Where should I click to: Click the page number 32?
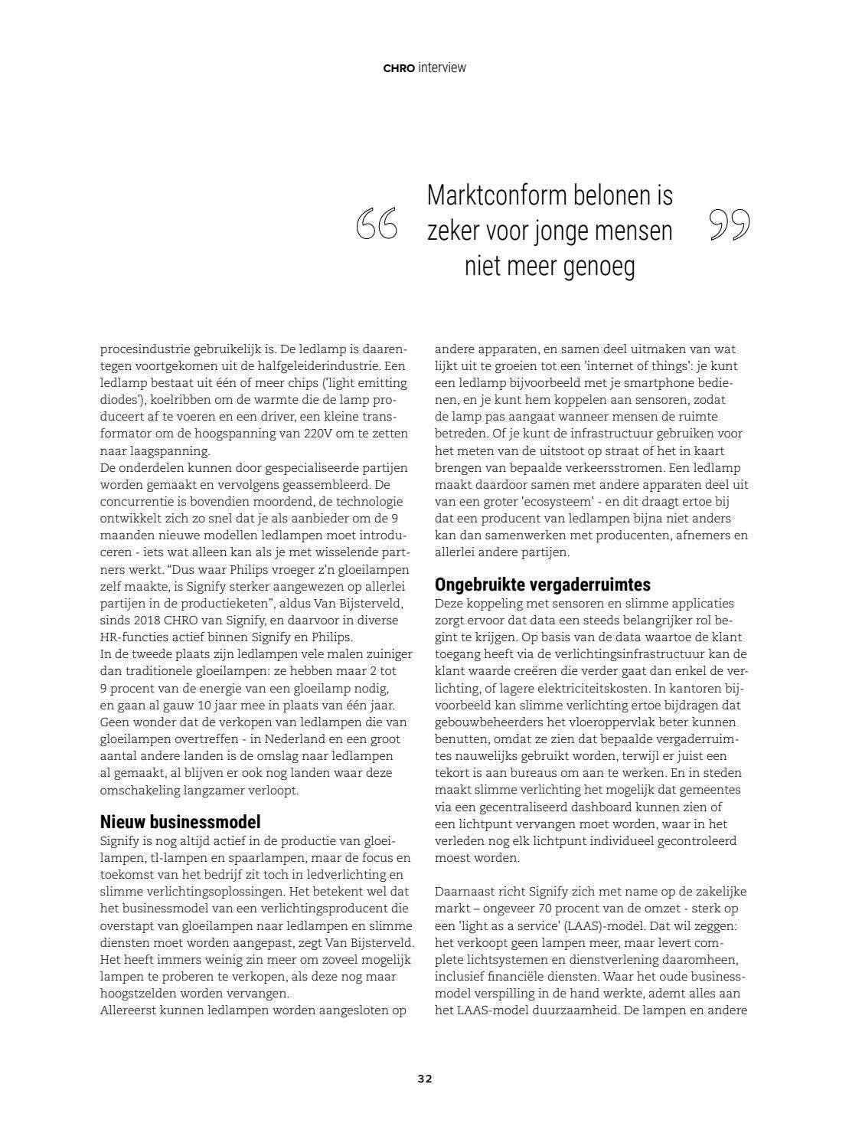point(425,1079)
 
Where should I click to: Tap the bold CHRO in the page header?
point(399,68)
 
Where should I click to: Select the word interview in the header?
point(442,67)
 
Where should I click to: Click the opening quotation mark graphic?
point(377,224)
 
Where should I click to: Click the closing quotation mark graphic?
point(729,224)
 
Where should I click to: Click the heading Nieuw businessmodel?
point(181,822)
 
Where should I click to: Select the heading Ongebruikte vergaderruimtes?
point(543,585)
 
